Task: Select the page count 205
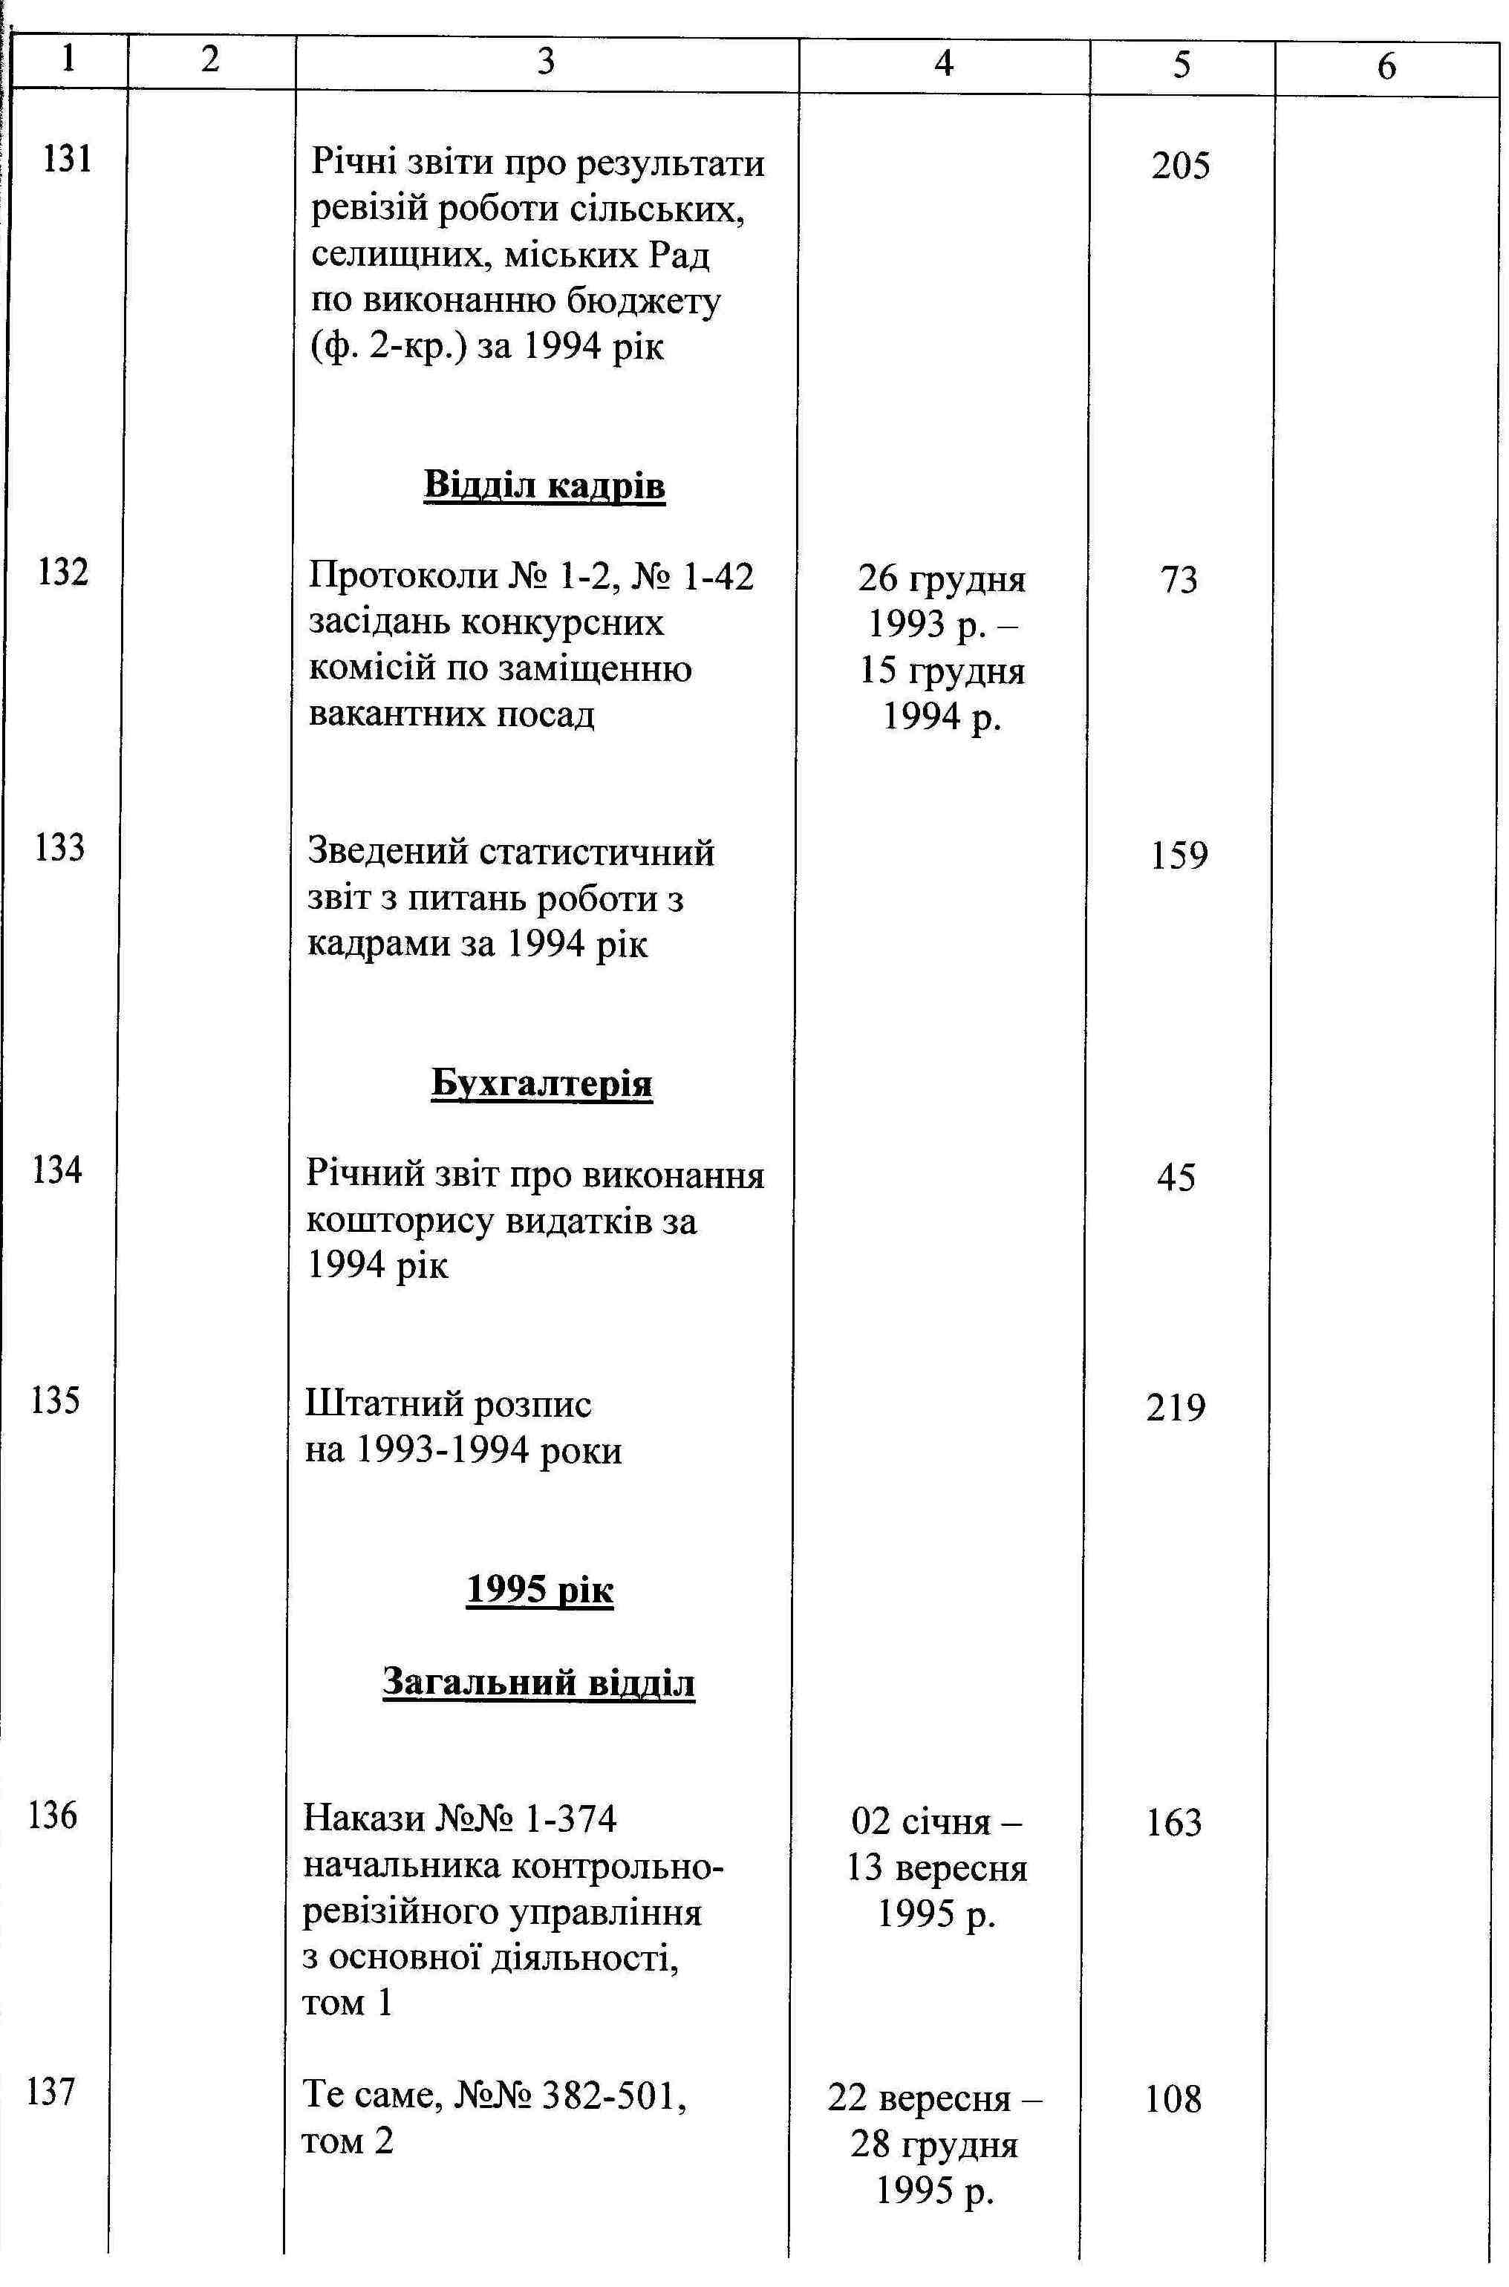pos(1180,167)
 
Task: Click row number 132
pos(64,573)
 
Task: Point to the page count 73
pos(1179,580)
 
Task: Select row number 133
pos(59,849)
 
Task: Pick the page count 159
pos(1179,855)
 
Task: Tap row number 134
pos(56,1171)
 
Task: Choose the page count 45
pos(1176,1178)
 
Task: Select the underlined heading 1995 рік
pos(540,1591)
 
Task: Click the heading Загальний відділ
pos(539,1683)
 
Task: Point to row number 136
pos(53,1816)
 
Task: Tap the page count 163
pos(1174,1823)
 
